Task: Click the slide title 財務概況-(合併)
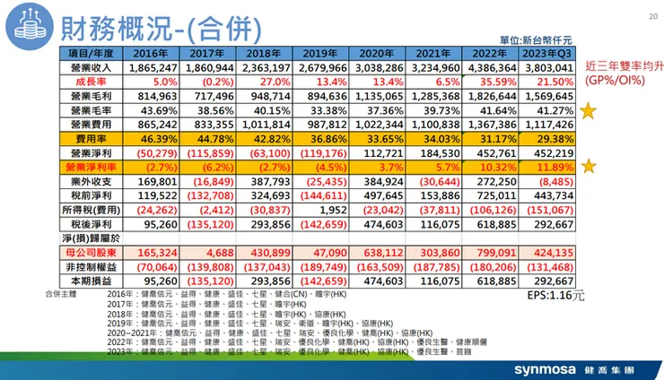[153, 29]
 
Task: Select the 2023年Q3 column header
[545, 53]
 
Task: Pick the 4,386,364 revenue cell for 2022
[488, 67]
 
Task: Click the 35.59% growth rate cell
[488, 82]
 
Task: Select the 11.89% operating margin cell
[545, 168]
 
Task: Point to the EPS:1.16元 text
[556, 293]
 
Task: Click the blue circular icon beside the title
[29, 28]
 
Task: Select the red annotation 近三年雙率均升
[623, 66]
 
